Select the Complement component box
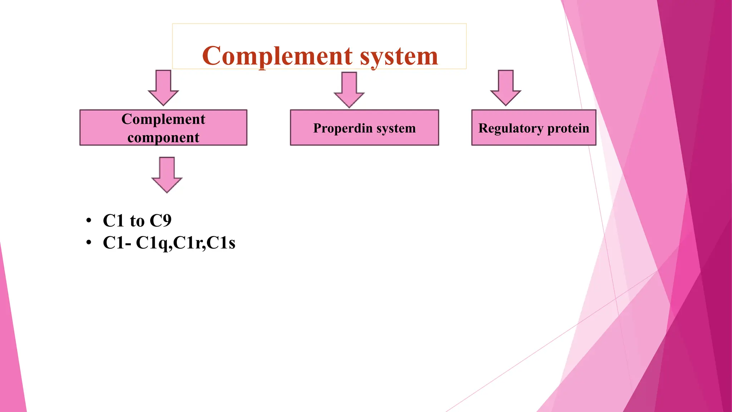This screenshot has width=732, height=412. click(x=163, y=128)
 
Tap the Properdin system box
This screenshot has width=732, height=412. click(x=364, y=128)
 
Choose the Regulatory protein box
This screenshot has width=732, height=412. click(x=534, y=128)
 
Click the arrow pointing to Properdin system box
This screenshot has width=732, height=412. click(x=349, y=89)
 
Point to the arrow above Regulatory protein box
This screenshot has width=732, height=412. click(x=505, y=88)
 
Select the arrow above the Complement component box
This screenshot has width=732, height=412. click(x=163, y=88)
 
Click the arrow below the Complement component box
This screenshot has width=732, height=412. click(x=167, y=175)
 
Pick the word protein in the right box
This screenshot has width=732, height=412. click(x=568, y=128)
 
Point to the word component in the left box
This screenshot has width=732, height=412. click(x=163, y=137)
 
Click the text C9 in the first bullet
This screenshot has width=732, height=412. click(x=160, y=220)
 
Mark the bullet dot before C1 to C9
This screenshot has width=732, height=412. click(x=89, y=220)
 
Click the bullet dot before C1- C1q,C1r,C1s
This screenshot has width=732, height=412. click(x=89, y=243)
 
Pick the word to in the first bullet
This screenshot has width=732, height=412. click(x=137, y=221)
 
